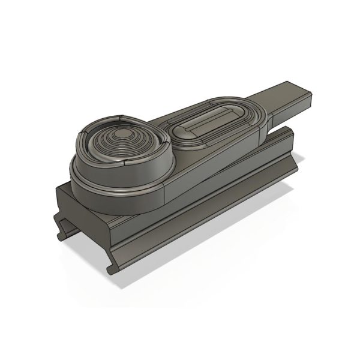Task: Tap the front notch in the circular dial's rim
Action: pyautogui.click(x=127, y=161)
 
